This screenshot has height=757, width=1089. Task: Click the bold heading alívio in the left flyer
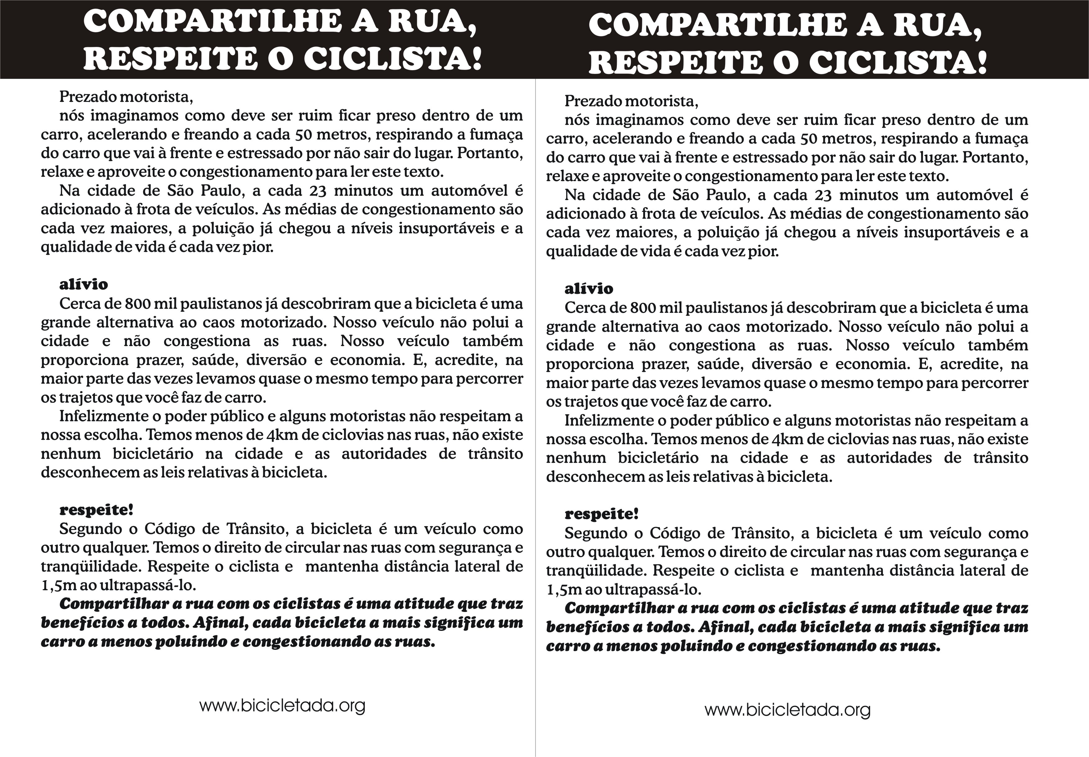point(84,285)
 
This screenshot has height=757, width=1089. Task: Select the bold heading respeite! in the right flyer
point(601,514)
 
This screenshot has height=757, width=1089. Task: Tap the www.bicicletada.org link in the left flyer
point(282,706)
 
